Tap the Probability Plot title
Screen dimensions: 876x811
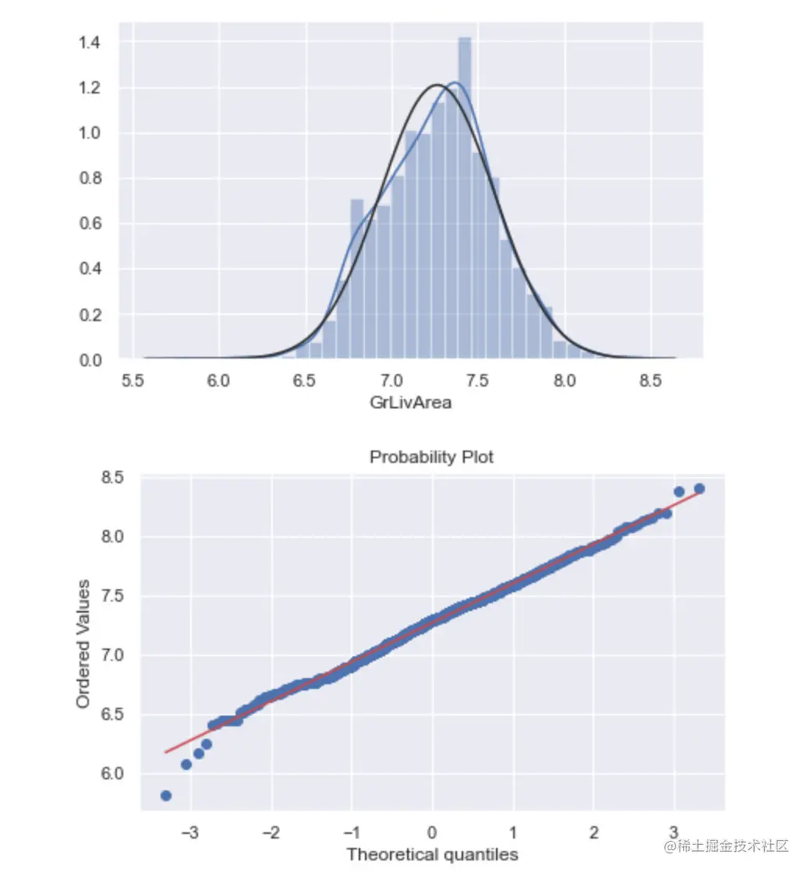pyautogui.click(x=431, y=457)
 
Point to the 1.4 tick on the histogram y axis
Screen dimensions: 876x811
pyautogui.click(x=89, y=42)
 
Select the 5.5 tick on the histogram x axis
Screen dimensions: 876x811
pyautogui.click(x=133, y=381)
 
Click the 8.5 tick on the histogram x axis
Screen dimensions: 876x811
pyautogui.click(x=651, y=381)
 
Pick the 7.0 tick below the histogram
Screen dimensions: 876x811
pyautogui.click(x=392, y=381)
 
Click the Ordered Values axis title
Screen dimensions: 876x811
pyautogui.click(x=83, y=644)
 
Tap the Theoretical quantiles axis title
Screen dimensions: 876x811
pyautogui.click(x=432, y=854)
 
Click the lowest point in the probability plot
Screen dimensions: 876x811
pyautogui.click(x=165, y=796)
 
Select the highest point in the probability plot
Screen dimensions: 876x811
pyautogui.click(x=699, y=489)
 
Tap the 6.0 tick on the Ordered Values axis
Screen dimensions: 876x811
pyautogui.click(x=115, y=774)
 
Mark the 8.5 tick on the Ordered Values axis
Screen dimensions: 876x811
pyautogui.click(x=115, y=478)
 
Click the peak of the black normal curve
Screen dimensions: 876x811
pyautogui.click(x=437, y=84)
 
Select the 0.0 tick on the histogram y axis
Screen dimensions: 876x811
pyautogui.click(x=89, y=360)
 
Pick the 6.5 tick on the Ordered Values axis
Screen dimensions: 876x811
pyautogui.click(x=115, y=715)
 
